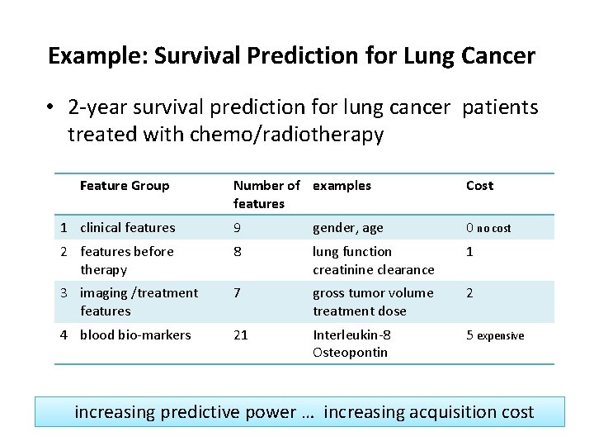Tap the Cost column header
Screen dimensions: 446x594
(x=479, y=186)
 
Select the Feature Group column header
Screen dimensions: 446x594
(x=124, y=186)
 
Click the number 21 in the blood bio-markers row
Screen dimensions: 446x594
(x=241, y=334)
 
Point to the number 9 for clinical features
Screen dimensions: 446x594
(x=238, y=227)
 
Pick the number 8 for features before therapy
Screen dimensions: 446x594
(x=238, y=251)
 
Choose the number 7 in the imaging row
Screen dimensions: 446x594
(x=238, y=292)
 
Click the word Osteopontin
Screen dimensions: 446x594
(x=350, y=353)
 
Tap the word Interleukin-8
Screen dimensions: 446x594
(x=351, y=334)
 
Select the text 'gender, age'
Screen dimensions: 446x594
(x=347, y=227)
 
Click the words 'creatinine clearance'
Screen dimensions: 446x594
(x=373, y=269)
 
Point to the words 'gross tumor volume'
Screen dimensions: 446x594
(x=372, y=292)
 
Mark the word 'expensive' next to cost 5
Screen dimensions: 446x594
(x=500, y=336)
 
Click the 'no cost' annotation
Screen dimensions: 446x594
(x=493, y=229)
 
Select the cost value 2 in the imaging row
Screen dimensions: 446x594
(x=469, y=292)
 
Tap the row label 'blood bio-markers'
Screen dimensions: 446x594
(x=135, y=334)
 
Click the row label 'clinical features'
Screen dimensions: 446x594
(x=128, y=227)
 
